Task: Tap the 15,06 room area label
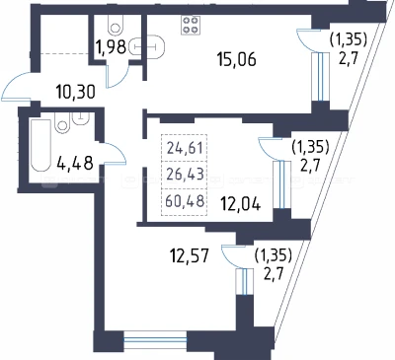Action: tap(236, 60)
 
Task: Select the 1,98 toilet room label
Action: tap(112, 47)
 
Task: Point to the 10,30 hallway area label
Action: tap(75, 92)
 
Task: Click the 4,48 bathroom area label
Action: tap(75, 164)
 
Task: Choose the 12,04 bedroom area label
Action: tap(241, 204)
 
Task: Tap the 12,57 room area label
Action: tap(189, 255)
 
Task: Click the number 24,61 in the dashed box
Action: tap(185, 148)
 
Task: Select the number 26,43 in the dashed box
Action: tap(185, 175)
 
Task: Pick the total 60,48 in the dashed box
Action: tap(185, 200)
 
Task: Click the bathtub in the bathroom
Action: tap(40, 145)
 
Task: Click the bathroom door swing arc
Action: tap(118, 150)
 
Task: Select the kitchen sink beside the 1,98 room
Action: tap(147, 47)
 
